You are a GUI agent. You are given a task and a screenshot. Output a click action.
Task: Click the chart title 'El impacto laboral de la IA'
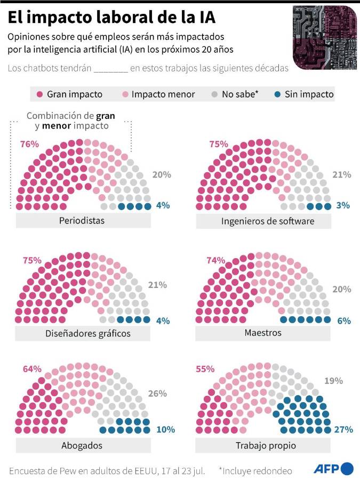pos(112,18)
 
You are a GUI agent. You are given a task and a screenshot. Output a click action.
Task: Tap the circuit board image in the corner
pos(325,38)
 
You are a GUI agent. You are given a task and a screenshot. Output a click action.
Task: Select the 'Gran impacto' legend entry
pos(69,94)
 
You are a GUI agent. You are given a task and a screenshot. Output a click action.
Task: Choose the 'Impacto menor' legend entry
pos(158,94)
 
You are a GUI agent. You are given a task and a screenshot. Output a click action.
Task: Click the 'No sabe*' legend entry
pos(235,94)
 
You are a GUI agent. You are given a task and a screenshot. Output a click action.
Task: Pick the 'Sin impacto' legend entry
pos(303,94)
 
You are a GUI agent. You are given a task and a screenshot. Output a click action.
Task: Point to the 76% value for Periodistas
pos(30,144)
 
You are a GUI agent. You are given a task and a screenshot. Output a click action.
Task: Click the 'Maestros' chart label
pos(263,333)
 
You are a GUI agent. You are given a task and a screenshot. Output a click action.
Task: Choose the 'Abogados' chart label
pos(82,445)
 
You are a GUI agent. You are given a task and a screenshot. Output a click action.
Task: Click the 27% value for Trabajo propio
pos(341,429)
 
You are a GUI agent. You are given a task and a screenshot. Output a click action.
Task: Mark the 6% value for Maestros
pos(344,321)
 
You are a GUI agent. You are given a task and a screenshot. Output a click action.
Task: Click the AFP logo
pos(333,469)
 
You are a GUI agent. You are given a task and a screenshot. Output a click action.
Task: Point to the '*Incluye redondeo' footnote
pos(255,470)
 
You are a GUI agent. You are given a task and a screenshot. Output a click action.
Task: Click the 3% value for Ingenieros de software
pos(344,205)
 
